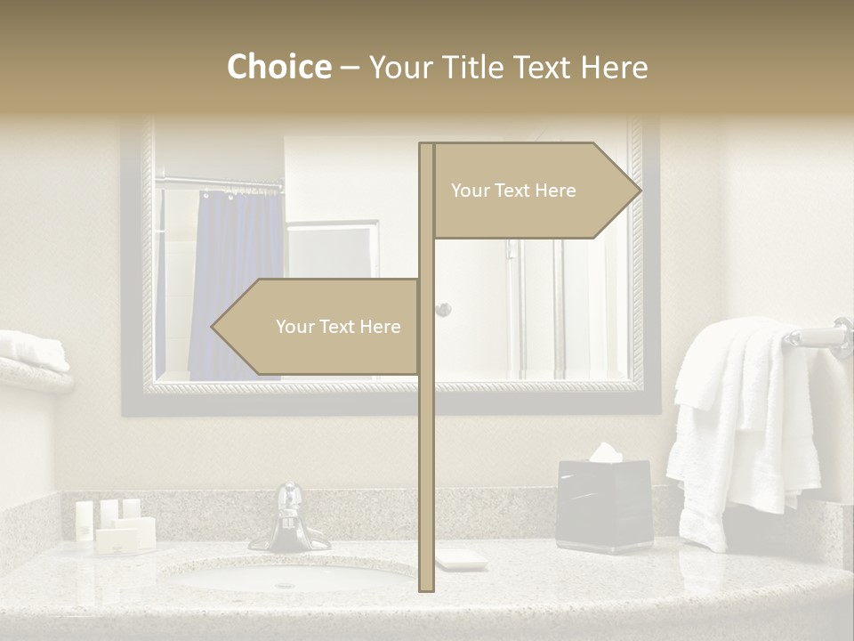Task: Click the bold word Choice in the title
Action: coord(278,67)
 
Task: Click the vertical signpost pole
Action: coord(426,445)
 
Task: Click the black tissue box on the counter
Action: coord(604,506)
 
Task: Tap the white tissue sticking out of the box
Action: coord(605,452)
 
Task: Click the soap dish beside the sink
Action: coord(461,559)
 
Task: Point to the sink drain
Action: coord(285,585)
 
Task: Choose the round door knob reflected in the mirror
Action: coord(442,310)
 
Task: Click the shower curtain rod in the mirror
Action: coord(220,184)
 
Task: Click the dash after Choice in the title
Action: coord(350,68)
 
